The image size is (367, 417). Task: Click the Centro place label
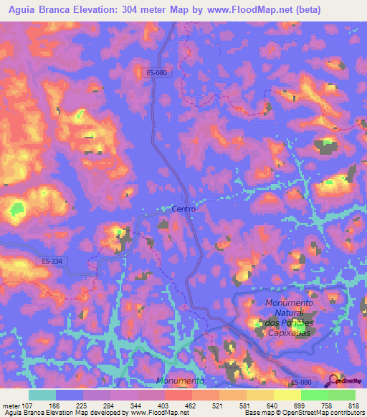(x=183, y=208)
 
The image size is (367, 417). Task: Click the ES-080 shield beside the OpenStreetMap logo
(x=302, y=383)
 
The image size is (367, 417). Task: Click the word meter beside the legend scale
(x=13, y=405)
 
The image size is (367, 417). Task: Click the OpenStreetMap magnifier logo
(x=333, y=380)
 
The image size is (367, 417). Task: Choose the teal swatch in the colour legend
(x=42, y=395)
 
